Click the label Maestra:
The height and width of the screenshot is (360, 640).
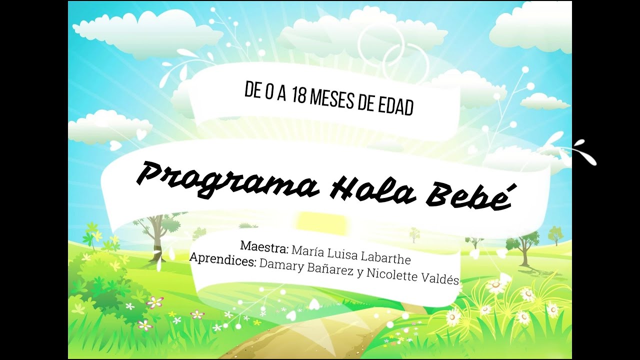coord(264,246)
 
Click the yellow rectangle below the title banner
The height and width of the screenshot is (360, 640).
coord(320,220)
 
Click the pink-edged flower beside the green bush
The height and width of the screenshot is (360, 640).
coord(155,301)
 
